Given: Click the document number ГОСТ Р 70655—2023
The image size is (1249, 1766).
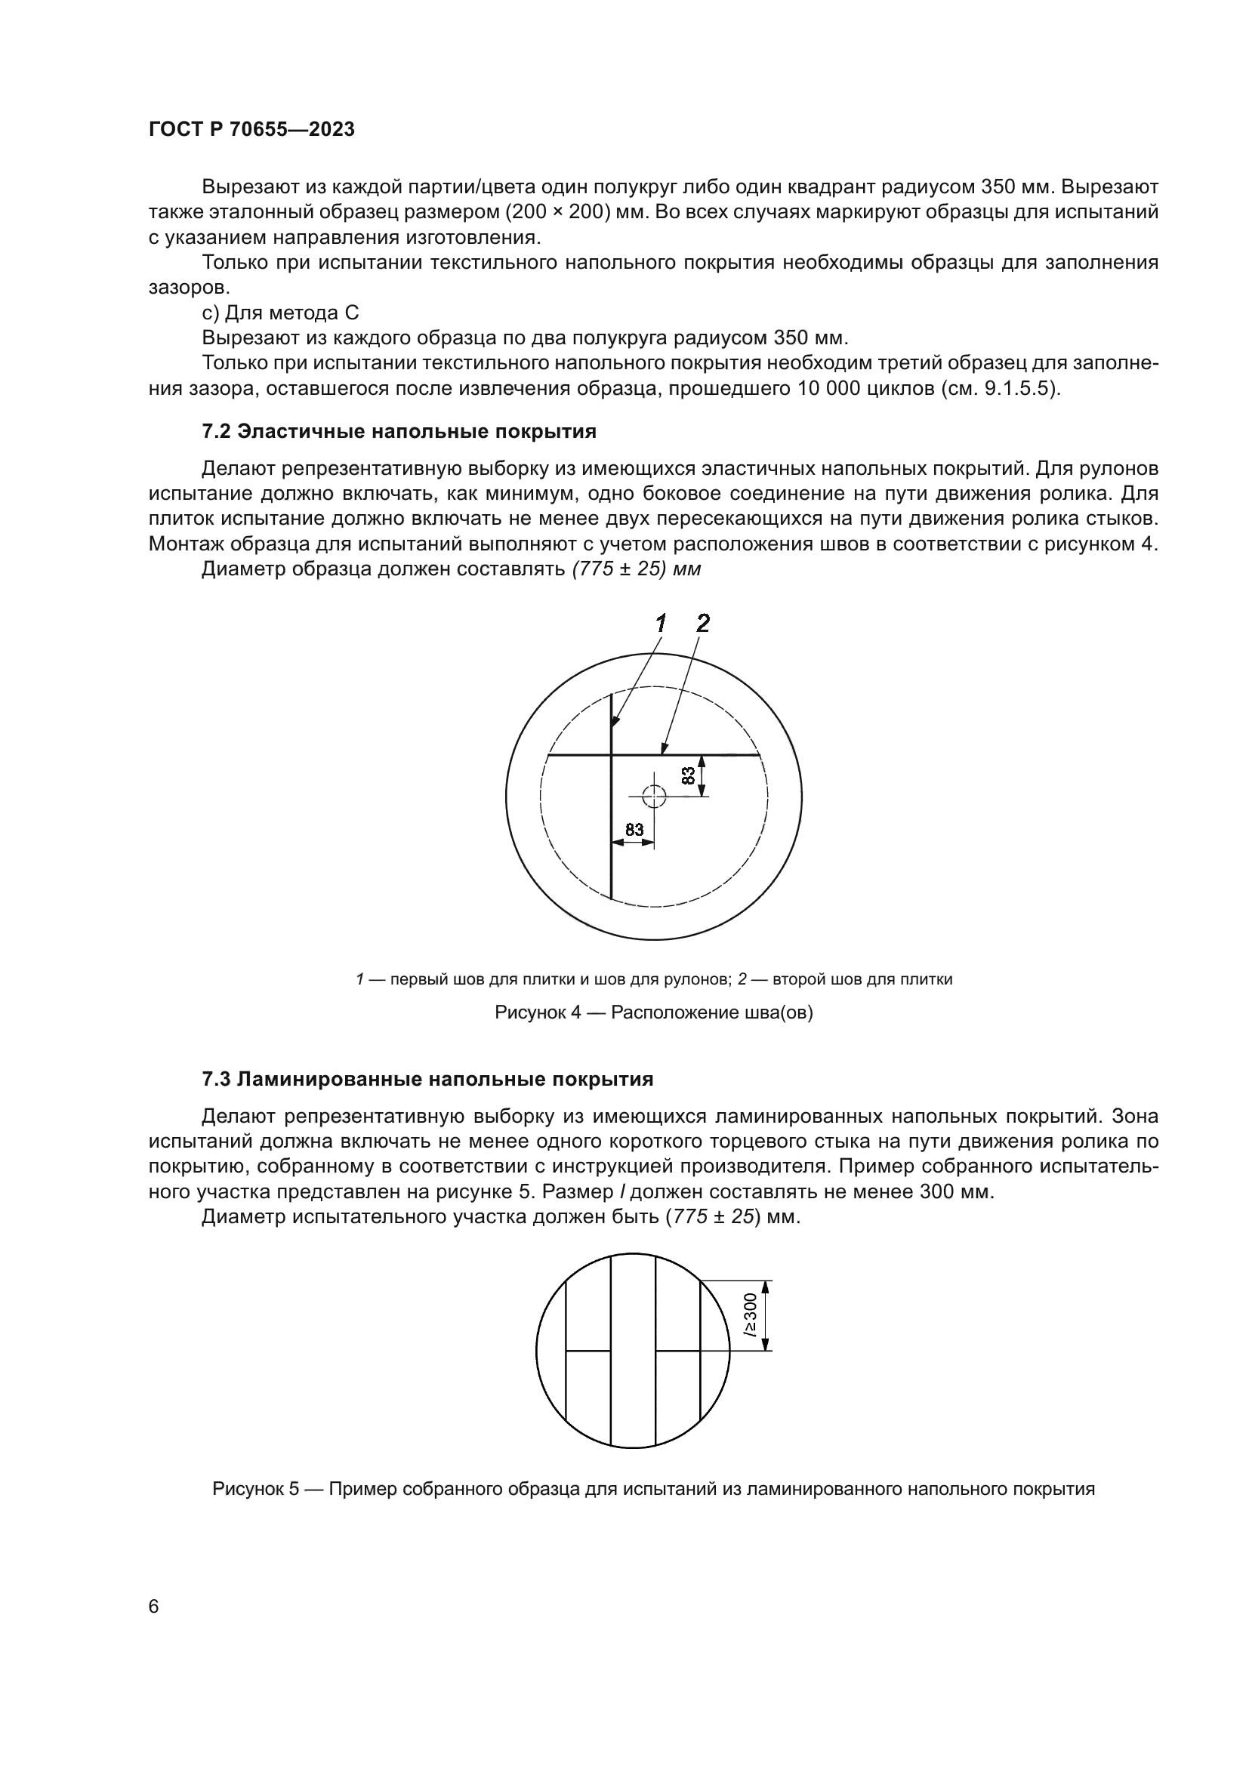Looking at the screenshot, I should point(251,129).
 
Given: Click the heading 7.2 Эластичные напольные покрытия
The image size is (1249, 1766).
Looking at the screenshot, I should point(399,432).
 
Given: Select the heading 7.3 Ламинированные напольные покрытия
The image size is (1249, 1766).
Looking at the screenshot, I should point(427,1079).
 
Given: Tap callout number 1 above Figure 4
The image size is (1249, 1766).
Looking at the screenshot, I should point(660,623).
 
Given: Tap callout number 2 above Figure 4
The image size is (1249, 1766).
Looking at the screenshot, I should point(702,623).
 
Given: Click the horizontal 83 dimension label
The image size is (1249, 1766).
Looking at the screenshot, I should point(634,829).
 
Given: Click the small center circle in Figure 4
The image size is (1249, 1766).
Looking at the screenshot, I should point(654,796).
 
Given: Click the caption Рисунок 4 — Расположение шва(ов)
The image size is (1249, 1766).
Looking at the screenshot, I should point(653,1012).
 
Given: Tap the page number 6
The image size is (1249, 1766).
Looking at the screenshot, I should point(154,1607).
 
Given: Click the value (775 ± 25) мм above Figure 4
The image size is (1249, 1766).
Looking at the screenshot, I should point(636,569).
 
